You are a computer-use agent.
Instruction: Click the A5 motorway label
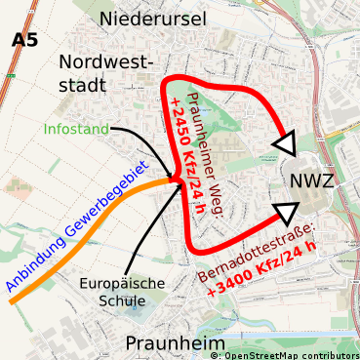point(25,40)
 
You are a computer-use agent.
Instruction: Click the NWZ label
point(312,181)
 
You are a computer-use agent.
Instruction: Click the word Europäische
point(122,283)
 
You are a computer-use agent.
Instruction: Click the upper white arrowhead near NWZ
point(286,144)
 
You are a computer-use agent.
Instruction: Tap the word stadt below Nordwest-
point(82,85)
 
